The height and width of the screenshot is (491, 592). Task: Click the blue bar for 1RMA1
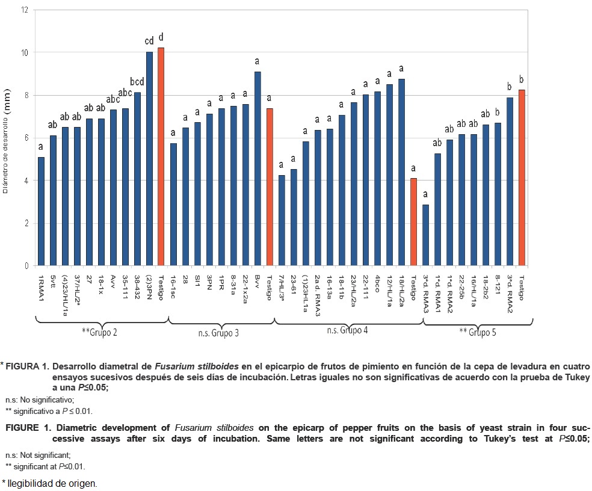(41, 211)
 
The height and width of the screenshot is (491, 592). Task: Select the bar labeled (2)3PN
(149, 159)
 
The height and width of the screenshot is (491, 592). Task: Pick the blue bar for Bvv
(257, 168)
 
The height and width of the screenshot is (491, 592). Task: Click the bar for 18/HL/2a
(401, 172)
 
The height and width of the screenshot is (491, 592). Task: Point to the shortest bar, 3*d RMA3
(425, 235)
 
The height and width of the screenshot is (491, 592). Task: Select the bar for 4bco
(377, 179)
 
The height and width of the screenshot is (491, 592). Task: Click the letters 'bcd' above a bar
(137, 81)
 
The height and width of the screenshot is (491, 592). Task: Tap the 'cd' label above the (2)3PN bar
(149, 41)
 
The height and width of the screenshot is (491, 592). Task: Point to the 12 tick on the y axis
(23, 10)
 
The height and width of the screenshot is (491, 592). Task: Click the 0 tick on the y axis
(26, 266)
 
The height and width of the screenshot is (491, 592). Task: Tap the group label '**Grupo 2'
(99, 332)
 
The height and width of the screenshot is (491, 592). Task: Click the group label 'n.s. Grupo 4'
(348, 330)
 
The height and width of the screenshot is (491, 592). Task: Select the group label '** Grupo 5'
(478, 332)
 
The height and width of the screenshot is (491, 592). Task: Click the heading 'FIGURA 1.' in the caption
(27, 366)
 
